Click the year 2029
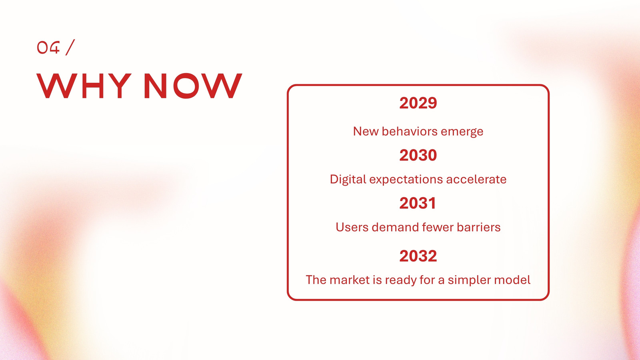point(418,103)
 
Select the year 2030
point(418,155)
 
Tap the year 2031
point(418,203)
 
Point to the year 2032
point(418,256)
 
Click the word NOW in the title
point(193,86)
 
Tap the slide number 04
point(48,48)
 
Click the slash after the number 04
point(70,47)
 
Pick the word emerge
point(462,132)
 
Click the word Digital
point(348,180)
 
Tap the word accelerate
point(476,180)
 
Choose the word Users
point(352,228)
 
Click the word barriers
point(478,228)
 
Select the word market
point(350,280)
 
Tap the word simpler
point(470,280)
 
